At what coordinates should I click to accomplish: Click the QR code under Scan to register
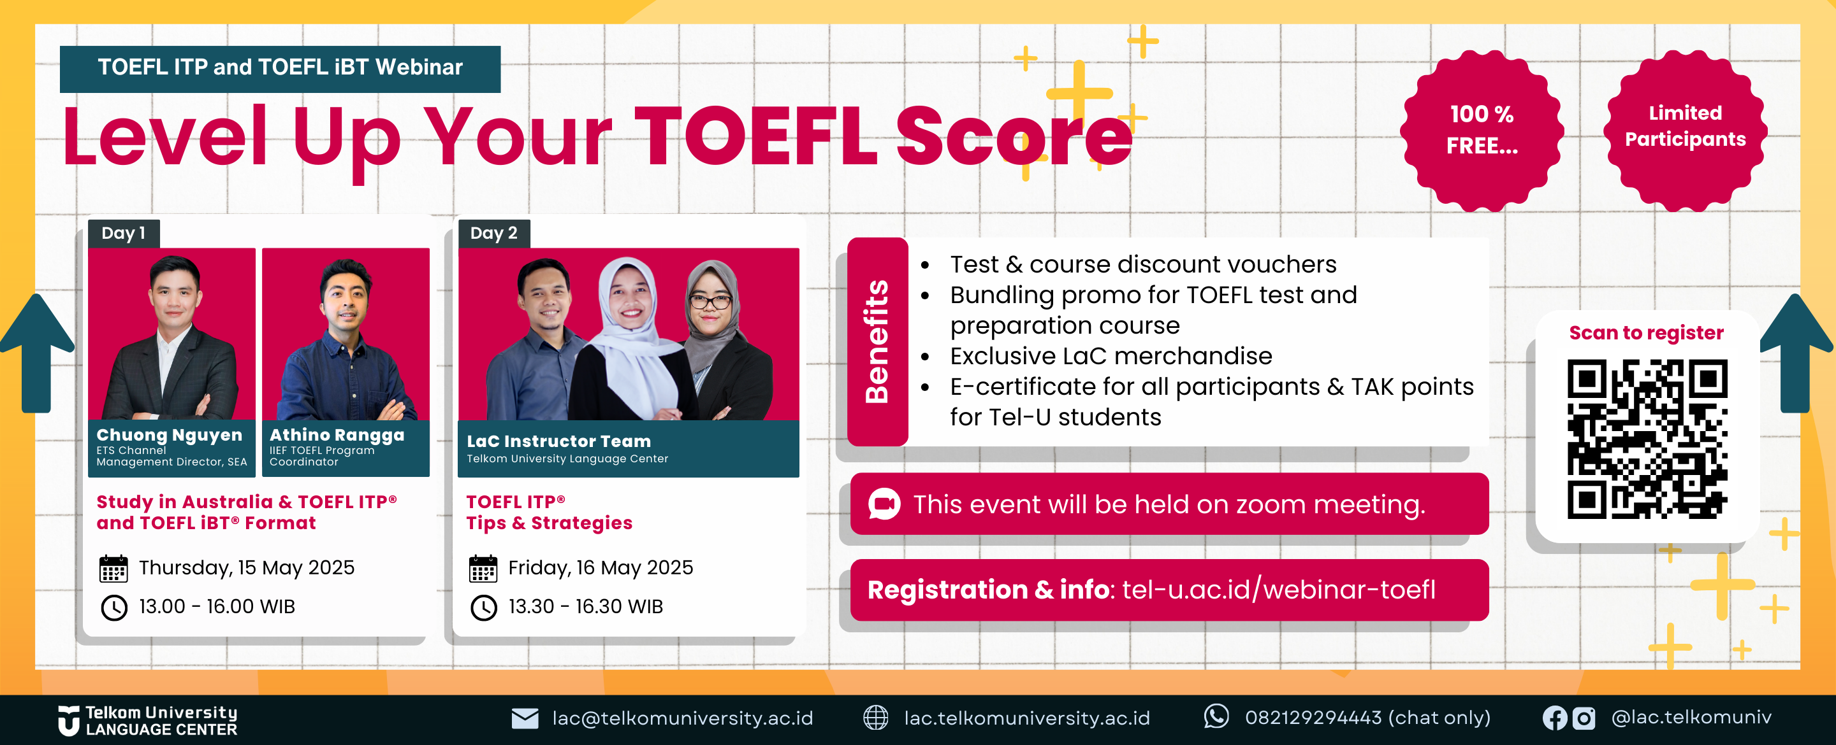tap(1647, 439)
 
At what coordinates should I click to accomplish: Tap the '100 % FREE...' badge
tap(1482, 131)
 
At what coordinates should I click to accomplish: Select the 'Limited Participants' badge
tap(1685, 131)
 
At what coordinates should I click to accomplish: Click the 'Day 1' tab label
tap(123, 233)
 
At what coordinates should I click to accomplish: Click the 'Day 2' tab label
tap(493, 233)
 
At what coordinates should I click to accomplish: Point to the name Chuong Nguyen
tap(169, 434)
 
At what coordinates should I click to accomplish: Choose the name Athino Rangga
tap(337, 434)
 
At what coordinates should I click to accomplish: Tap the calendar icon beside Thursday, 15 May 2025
tap(113, 569)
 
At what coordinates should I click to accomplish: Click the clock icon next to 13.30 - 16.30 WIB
tap(483, 607)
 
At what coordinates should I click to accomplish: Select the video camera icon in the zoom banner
tap(884, 504)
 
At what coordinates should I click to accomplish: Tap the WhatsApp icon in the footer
tap(1216, 716)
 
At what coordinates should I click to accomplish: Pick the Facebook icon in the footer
tap(1554, 718)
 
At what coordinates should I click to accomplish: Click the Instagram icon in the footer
tap(1583, 718)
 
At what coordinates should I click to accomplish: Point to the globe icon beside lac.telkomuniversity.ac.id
tap(875, 718)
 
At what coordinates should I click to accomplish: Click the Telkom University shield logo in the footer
tap(68, 721)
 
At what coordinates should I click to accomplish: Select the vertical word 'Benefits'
tap(877, 342)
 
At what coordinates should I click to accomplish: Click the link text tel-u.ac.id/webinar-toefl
tap(1279, 590)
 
